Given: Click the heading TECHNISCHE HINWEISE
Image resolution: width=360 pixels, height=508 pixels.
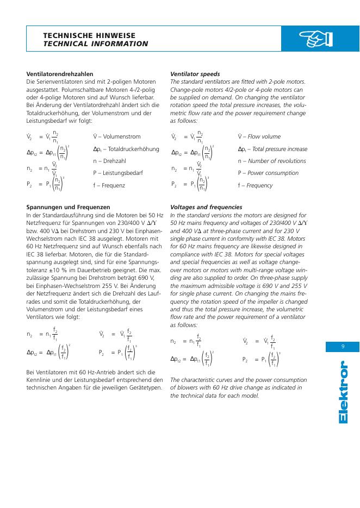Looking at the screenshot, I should coord(89,34).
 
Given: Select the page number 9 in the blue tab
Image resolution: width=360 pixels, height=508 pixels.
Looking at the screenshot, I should coord(343,347).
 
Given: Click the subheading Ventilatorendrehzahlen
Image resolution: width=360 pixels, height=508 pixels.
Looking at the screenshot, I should coord(60,73).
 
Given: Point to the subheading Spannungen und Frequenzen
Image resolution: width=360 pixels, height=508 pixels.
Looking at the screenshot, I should coord(68,207).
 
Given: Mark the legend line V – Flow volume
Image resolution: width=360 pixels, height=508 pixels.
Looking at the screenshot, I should coord(259,137).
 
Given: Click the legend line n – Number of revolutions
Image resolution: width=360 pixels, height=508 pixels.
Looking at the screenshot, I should coord(272,161).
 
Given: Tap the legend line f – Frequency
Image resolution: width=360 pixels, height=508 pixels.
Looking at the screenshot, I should coord(255,185).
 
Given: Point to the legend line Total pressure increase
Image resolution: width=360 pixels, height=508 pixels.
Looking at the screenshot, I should coord(272,149).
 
